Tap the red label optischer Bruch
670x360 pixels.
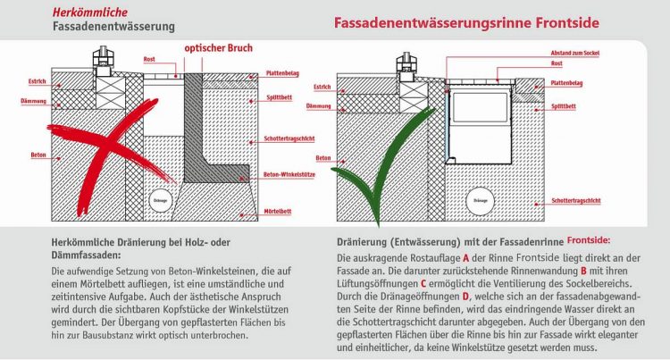[x=219, y=49]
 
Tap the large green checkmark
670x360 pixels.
[x=384, y=170]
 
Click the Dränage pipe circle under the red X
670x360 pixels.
[x=161, y=198]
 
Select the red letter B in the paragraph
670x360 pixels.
[x=582, y=270]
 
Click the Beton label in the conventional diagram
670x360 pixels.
[x=38, y=155]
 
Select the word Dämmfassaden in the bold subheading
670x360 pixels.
[x=80, y=252]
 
